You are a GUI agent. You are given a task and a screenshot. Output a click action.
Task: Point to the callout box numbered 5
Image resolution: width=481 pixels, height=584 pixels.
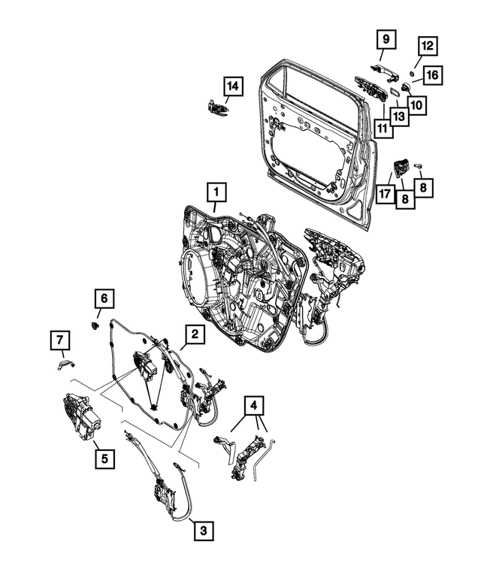(x=104, y=456)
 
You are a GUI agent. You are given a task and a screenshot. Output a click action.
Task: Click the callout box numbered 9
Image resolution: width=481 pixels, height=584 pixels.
(x=383, y=39)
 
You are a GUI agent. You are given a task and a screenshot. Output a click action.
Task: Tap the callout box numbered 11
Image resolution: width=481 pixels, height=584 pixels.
(x=383, y=129)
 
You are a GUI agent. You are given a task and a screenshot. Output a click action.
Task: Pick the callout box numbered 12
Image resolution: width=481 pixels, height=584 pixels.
(x=426, y=47)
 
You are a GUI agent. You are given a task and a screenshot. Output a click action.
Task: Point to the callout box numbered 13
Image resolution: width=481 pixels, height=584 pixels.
(x=398, y=116)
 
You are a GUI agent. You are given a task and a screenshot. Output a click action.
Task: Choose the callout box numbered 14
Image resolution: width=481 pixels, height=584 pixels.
(x=233, y=87)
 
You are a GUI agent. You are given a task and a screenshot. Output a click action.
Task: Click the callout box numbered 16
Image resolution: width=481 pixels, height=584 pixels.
(x=434, y=74)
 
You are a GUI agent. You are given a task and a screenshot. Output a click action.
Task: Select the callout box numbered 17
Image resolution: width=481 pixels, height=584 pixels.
(x=385, y=194)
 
